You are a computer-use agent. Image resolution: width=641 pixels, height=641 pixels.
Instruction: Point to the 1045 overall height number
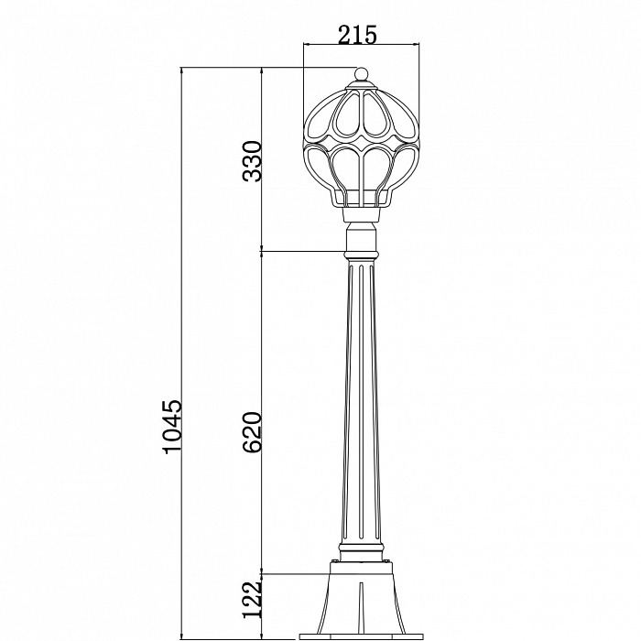171,427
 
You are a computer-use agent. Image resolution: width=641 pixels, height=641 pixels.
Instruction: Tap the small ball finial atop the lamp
361,74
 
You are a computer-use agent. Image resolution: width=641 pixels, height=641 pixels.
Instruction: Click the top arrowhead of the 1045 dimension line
182,71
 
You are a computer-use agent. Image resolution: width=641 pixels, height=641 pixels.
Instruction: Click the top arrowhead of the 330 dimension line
263,71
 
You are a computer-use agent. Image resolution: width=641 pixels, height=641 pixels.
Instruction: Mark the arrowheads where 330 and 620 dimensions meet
263,250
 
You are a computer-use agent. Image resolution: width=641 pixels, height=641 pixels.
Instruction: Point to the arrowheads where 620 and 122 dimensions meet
263,573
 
